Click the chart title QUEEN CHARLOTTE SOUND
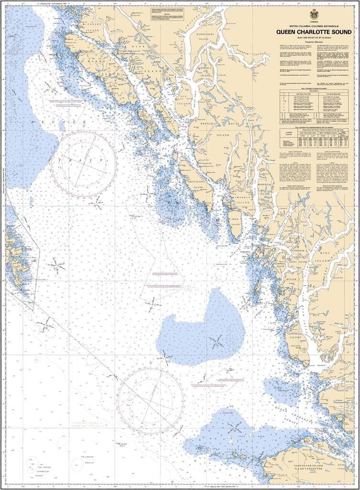[x=314, y=32]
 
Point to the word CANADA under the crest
[x=314, y=22]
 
